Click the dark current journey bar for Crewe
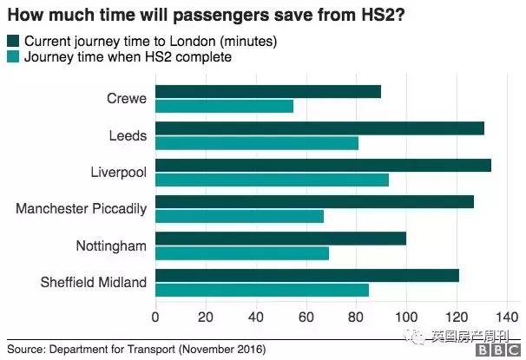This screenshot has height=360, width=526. point(267,92)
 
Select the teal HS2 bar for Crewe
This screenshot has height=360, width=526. point(224,107)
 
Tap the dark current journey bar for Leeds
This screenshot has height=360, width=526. point(319,128)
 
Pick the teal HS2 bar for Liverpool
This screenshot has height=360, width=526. point(272,180)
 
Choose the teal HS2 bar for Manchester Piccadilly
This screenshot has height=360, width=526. point(240,216)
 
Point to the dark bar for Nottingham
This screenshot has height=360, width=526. point(280,238)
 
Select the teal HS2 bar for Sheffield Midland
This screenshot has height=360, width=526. point(262,290)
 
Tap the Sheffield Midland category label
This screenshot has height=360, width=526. point(94,282)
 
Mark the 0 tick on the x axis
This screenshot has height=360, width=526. point(155,317)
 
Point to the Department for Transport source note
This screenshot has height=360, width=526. point(136,349)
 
